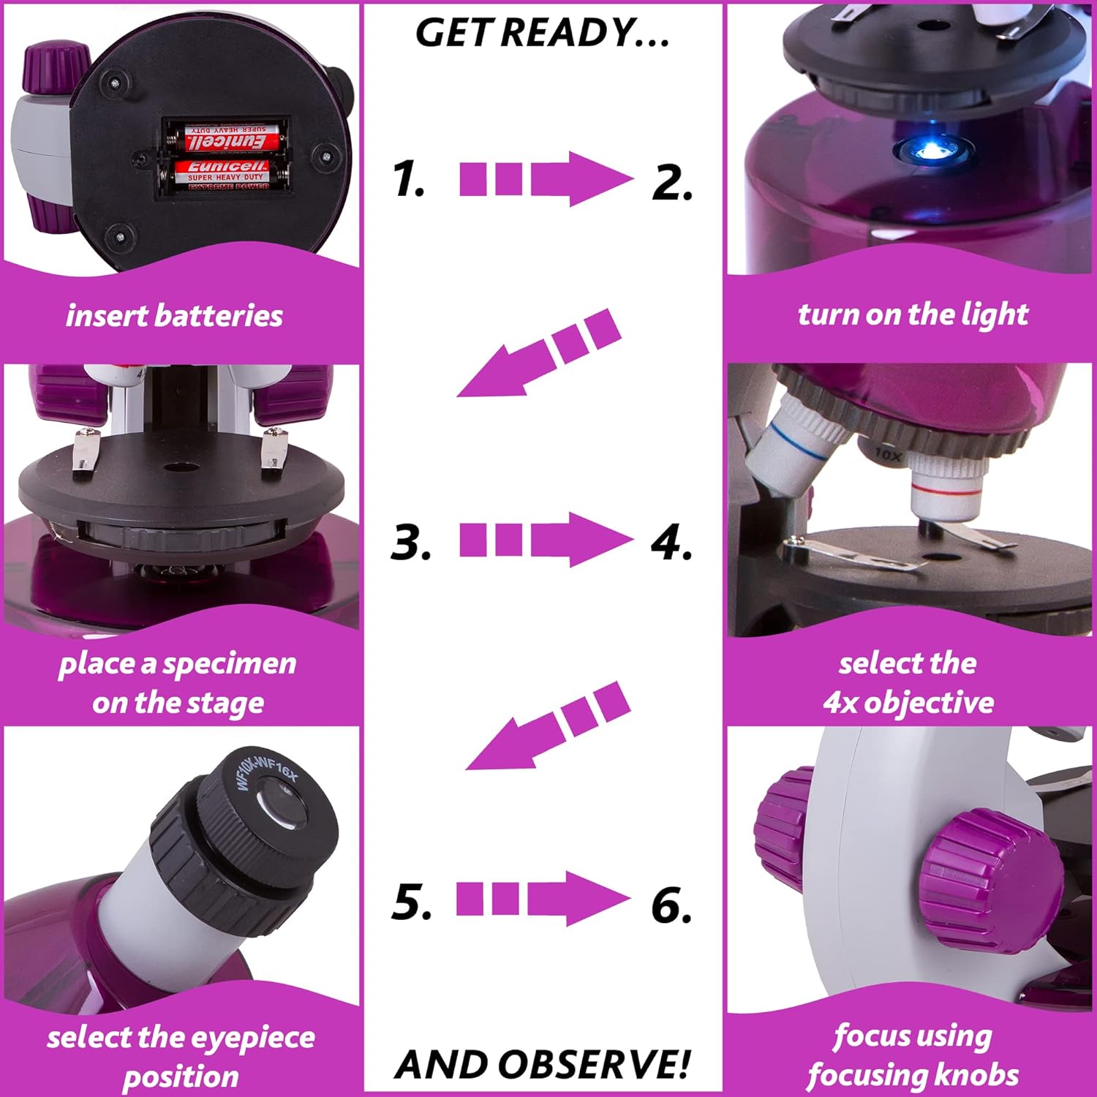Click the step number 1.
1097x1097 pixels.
tap(408, 180)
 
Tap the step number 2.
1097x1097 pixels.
tap(672, 182)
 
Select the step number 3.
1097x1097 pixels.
tap(411, 543)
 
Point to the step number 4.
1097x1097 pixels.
tap(671, 543)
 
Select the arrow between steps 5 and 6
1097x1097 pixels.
tap(543, 899)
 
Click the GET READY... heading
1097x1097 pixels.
tap(542, 33)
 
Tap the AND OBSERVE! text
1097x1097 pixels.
tap(542, 1064)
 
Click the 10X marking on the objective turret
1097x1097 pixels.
tap(887, 455)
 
